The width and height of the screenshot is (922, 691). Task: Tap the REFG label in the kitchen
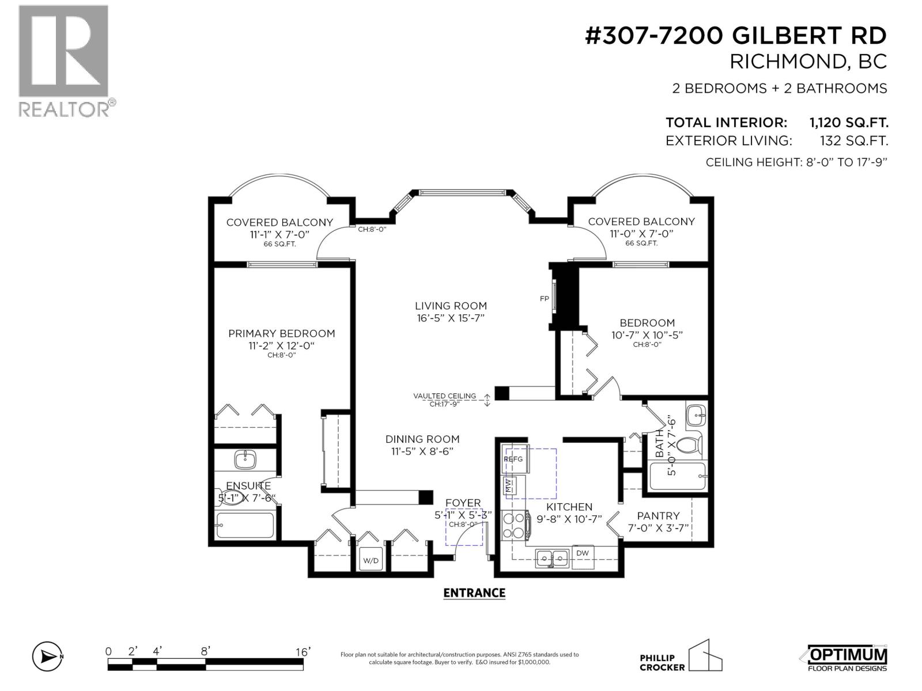tap(513, 459)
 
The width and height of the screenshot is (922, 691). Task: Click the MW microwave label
tap(508, 486)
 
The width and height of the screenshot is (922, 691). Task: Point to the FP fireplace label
tap(544, 299)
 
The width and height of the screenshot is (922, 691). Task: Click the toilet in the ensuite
tap(229, 497)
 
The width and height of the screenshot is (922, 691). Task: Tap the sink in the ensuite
tap(245, 460)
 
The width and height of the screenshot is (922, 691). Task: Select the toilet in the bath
tap(691, 446)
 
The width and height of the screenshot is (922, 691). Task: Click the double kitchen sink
tap(553, 559)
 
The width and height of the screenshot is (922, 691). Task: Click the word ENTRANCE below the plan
tap(474, 593)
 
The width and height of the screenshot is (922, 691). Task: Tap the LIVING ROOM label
tap(451, 306)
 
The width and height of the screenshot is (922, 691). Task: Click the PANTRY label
tap(658, 515)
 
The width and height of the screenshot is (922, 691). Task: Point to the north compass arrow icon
tap(47, 656)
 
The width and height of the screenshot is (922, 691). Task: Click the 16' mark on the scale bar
tap(303, 652)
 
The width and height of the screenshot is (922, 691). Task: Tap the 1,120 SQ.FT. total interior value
tap(848, 123)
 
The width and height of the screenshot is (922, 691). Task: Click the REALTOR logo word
tap(64, 110)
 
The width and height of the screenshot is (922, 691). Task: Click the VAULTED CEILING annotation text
tap(444, 396)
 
